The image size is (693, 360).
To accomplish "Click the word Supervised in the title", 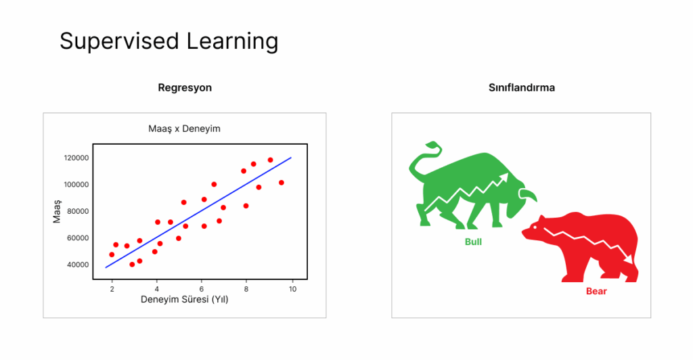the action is pos(119,41).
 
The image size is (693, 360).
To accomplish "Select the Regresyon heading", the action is pos(185,88).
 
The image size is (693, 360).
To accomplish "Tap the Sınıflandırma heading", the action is pos(522,87).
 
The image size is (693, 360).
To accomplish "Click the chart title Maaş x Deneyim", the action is pos(184,129).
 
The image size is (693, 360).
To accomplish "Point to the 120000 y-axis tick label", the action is pos(76,158).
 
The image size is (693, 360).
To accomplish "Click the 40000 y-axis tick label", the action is pos(78,265).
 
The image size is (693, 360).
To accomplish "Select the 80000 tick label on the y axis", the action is pos(78,211).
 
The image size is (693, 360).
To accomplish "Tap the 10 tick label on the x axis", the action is pos(292,289).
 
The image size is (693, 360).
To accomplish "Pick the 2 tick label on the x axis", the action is pos(112,289).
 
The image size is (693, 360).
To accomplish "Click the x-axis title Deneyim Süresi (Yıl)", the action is pos(184,300).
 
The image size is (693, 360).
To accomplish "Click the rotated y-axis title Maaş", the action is pos(57,211).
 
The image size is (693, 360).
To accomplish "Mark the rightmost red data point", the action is pos(282,183).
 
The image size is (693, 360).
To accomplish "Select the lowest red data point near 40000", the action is pos(132,265).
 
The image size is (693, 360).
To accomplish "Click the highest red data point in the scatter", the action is pos(271,160).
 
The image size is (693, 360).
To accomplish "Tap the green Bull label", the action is pos(473,242).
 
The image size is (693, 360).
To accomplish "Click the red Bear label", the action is pos(596,291).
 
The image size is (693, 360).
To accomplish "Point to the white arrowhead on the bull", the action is pos(504,179).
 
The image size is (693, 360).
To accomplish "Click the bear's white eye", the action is pos(535,227).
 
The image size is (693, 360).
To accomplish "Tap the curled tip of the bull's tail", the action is pos(428,144).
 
